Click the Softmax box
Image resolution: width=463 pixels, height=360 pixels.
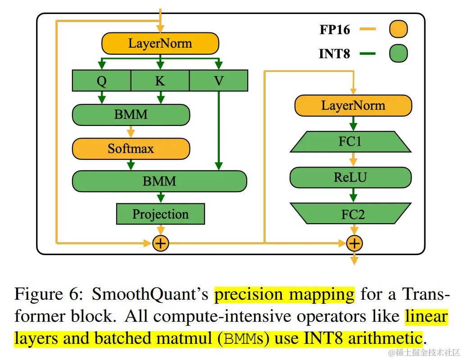(131, 148)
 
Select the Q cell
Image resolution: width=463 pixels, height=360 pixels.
(101, 81)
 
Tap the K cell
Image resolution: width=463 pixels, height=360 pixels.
(160, 81)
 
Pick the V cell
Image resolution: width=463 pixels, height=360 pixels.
(218, 81)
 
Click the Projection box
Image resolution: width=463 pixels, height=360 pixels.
(160, 214)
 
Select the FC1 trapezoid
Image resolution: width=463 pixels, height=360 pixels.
(350, 142)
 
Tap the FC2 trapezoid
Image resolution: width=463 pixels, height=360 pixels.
(350, 214)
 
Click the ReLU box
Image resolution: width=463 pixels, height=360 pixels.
(350, 178)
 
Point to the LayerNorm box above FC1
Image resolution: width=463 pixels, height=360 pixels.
(353, 106)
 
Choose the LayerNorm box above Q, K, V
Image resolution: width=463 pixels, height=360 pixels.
(160, 44)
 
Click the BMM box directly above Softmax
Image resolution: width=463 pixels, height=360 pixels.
(131, 114)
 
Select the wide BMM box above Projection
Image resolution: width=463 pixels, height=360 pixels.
(159, 181)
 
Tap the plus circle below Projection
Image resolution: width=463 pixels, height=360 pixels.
(160, 243)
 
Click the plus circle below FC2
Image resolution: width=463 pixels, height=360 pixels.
(354, 243)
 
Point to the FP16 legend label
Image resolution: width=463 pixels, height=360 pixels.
(335, 30)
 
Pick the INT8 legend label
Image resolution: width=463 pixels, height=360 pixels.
(334, 54)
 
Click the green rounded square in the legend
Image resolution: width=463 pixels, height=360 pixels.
(398, 54)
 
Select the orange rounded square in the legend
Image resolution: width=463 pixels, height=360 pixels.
(398, 30)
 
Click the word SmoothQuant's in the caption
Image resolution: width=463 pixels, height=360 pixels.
(150, 295)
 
